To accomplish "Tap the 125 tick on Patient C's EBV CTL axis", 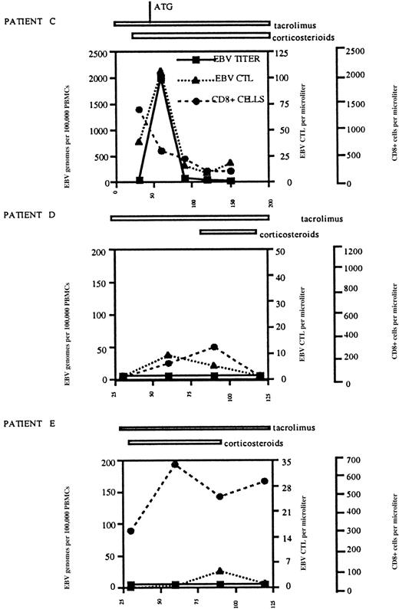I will tap(285, 52).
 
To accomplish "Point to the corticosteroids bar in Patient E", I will tap(174, 443).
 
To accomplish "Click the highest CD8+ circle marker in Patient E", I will tap(175, 464).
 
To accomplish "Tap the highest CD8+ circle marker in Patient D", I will tap(215, 347).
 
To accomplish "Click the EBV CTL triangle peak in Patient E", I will tap(220, 571).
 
